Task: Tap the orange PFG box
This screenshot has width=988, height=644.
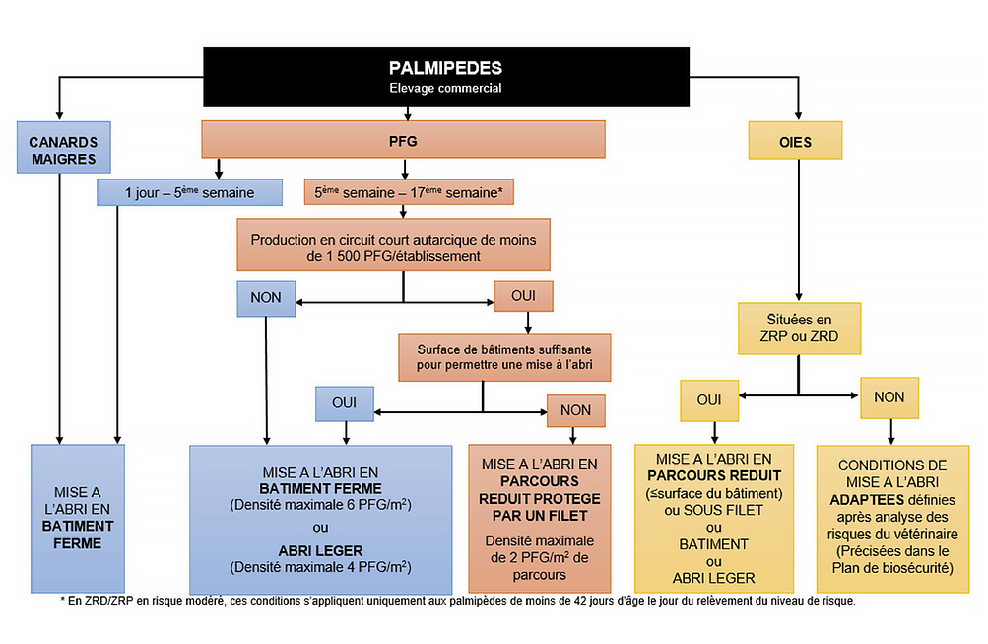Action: pos(403,141)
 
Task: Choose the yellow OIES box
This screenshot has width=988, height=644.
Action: pos(795,141)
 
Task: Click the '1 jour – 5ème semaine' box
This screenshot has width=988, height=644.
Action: pos(190,192)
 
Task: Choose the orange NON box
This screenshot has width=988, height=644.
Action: pos(575,409)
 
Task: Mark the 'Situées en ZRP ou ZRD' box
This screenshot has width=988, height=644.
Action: pos(798,328)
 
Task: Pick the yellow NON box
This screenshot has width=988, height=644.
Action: pos(889,396)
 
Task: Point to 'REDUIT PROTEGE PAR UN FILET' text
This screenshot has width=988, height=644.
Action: pos(540,506)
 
